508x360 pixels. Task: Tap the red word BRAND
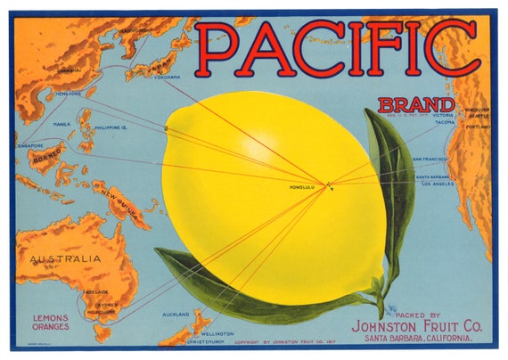click(x=408, y=104)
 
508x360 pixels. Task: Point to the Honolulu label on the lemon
click(x=304, y=188)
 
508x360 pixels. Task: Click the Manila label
click(x=62, y=125)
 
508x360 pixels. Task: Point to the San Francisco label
click(x=430, y=159)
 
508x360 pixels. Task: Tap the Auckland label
click(x=176, y=315)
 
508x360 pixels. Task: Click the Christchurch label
click(x=183, y=341)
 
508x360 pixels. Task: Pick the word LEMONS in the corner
click(x=51, y=317)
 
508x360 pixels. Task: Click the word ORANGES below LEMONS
click(x=51, y=327)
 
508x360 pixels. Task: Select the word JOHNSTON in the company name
click(x=385, y=326)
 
